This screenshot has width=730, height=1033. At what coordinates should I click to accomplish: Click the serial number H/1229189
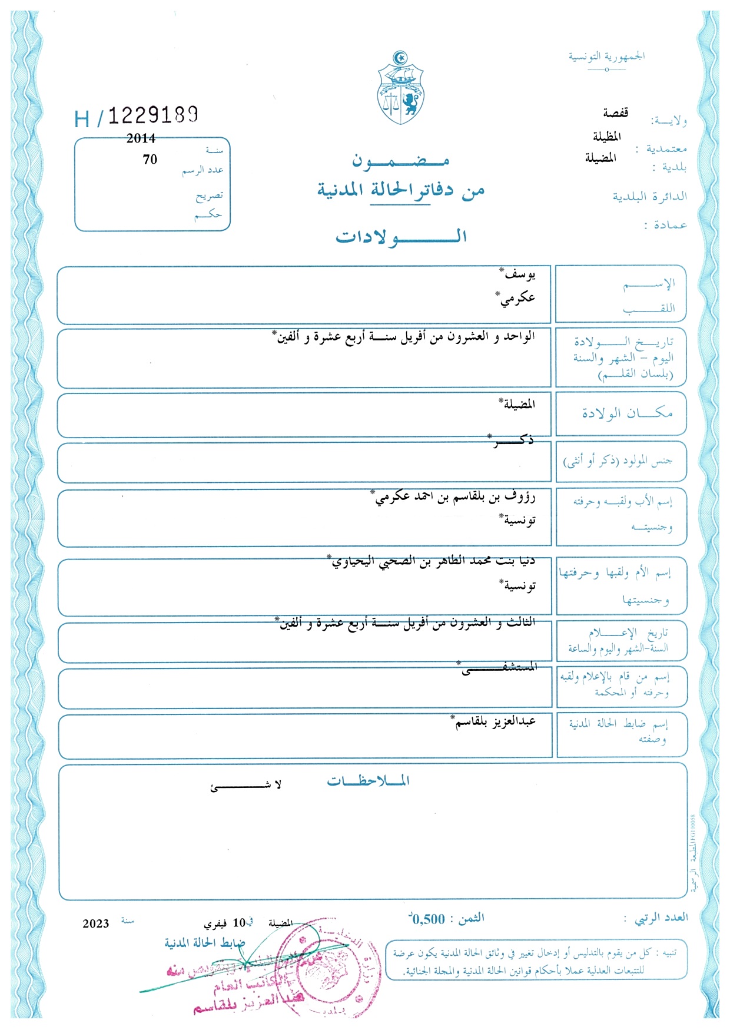pyautogui.click(x=137, y=116)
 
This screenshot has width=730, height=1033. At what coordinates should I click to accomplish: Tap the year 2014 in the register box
pyautogui.click(x=141, y=138)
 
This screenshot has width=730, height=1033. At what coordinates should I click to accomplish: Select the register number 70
pyautogui.click(x=150, y=159)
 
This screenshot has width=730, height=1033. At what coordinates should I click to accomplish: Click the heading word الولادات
pyautogui.click(x=401, y=237)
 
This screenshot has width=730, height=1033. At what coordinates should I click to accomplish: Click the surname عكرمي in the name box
pyautogui.click(x=516, y=297)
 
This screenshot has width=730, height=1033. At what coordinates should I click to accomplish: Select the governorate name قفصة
pyautogui.click(x=615, y=112)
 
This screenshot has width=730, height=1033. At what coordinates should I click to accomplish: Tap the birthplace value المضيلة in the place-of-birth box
pyautogui.click(x=517, y=404)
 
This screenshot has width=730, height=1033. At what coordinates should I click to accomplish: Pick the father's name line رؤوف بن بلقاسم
pyautogui.click(x=455, y=496)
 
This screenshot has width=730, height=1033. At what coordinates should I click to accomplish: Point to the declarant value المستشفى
pyautogui.click(x=499, y=668)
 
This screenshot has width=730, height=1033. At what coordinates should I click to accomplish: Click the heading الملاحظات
pyautogui.click(x=369, y=781)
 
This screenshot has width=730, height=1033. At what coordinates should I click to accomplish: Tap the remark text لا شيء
pyautogui.click(x=246, y=785)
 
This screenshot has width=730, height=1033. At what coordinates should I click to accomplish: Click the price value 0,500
pyautogui.click(x=428, y=919)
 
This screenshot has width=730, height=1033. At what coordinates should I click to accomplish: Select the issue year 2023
pyautogui.click(x=96, y=923)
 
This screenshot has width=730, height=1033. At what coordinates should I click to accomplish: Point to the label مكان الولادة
pyautogui.click(x=627, y=413)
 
